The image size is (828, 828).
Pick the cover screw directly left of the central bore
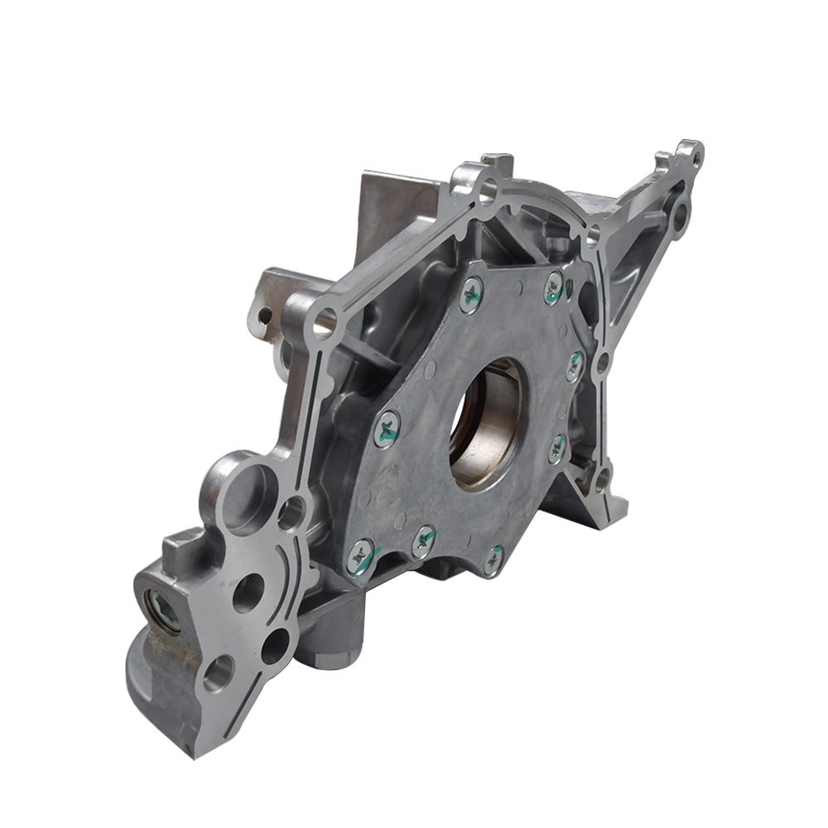pos(387,430)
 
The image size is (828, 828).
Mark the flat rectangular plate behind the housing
pos(393,207)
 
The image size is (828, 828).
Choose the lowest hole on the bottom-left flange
pos(218,672)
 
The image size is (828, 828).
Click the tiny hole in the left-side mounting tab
pos(264,315)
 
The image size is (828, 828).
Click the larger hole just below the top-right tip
pos(679,217)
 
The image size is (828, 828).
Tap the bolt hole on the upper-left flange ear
pos(325,319)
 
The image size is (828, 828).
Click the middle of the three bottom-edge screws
pos(424,542)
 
